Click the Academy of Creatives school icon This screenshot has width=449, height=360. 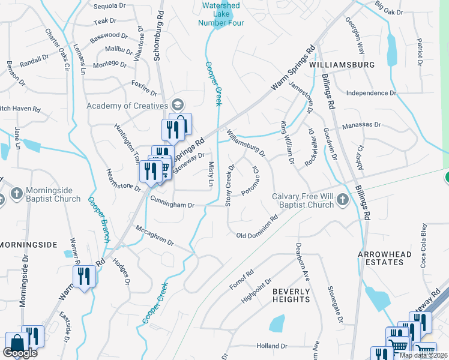(x=176, y=106)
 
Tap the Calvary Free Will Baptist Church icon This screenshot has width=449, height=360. (x=342, y=199)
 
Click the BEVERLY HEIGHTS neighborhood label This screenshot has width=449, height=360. (x=291, y=295)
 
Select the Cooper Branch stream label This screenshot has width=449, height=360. (x=99, y=220)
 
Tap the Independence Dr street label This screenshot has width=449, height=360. (x=372, y=93)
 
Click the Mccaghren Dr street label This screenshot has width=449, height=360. (x=154, y=235)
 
